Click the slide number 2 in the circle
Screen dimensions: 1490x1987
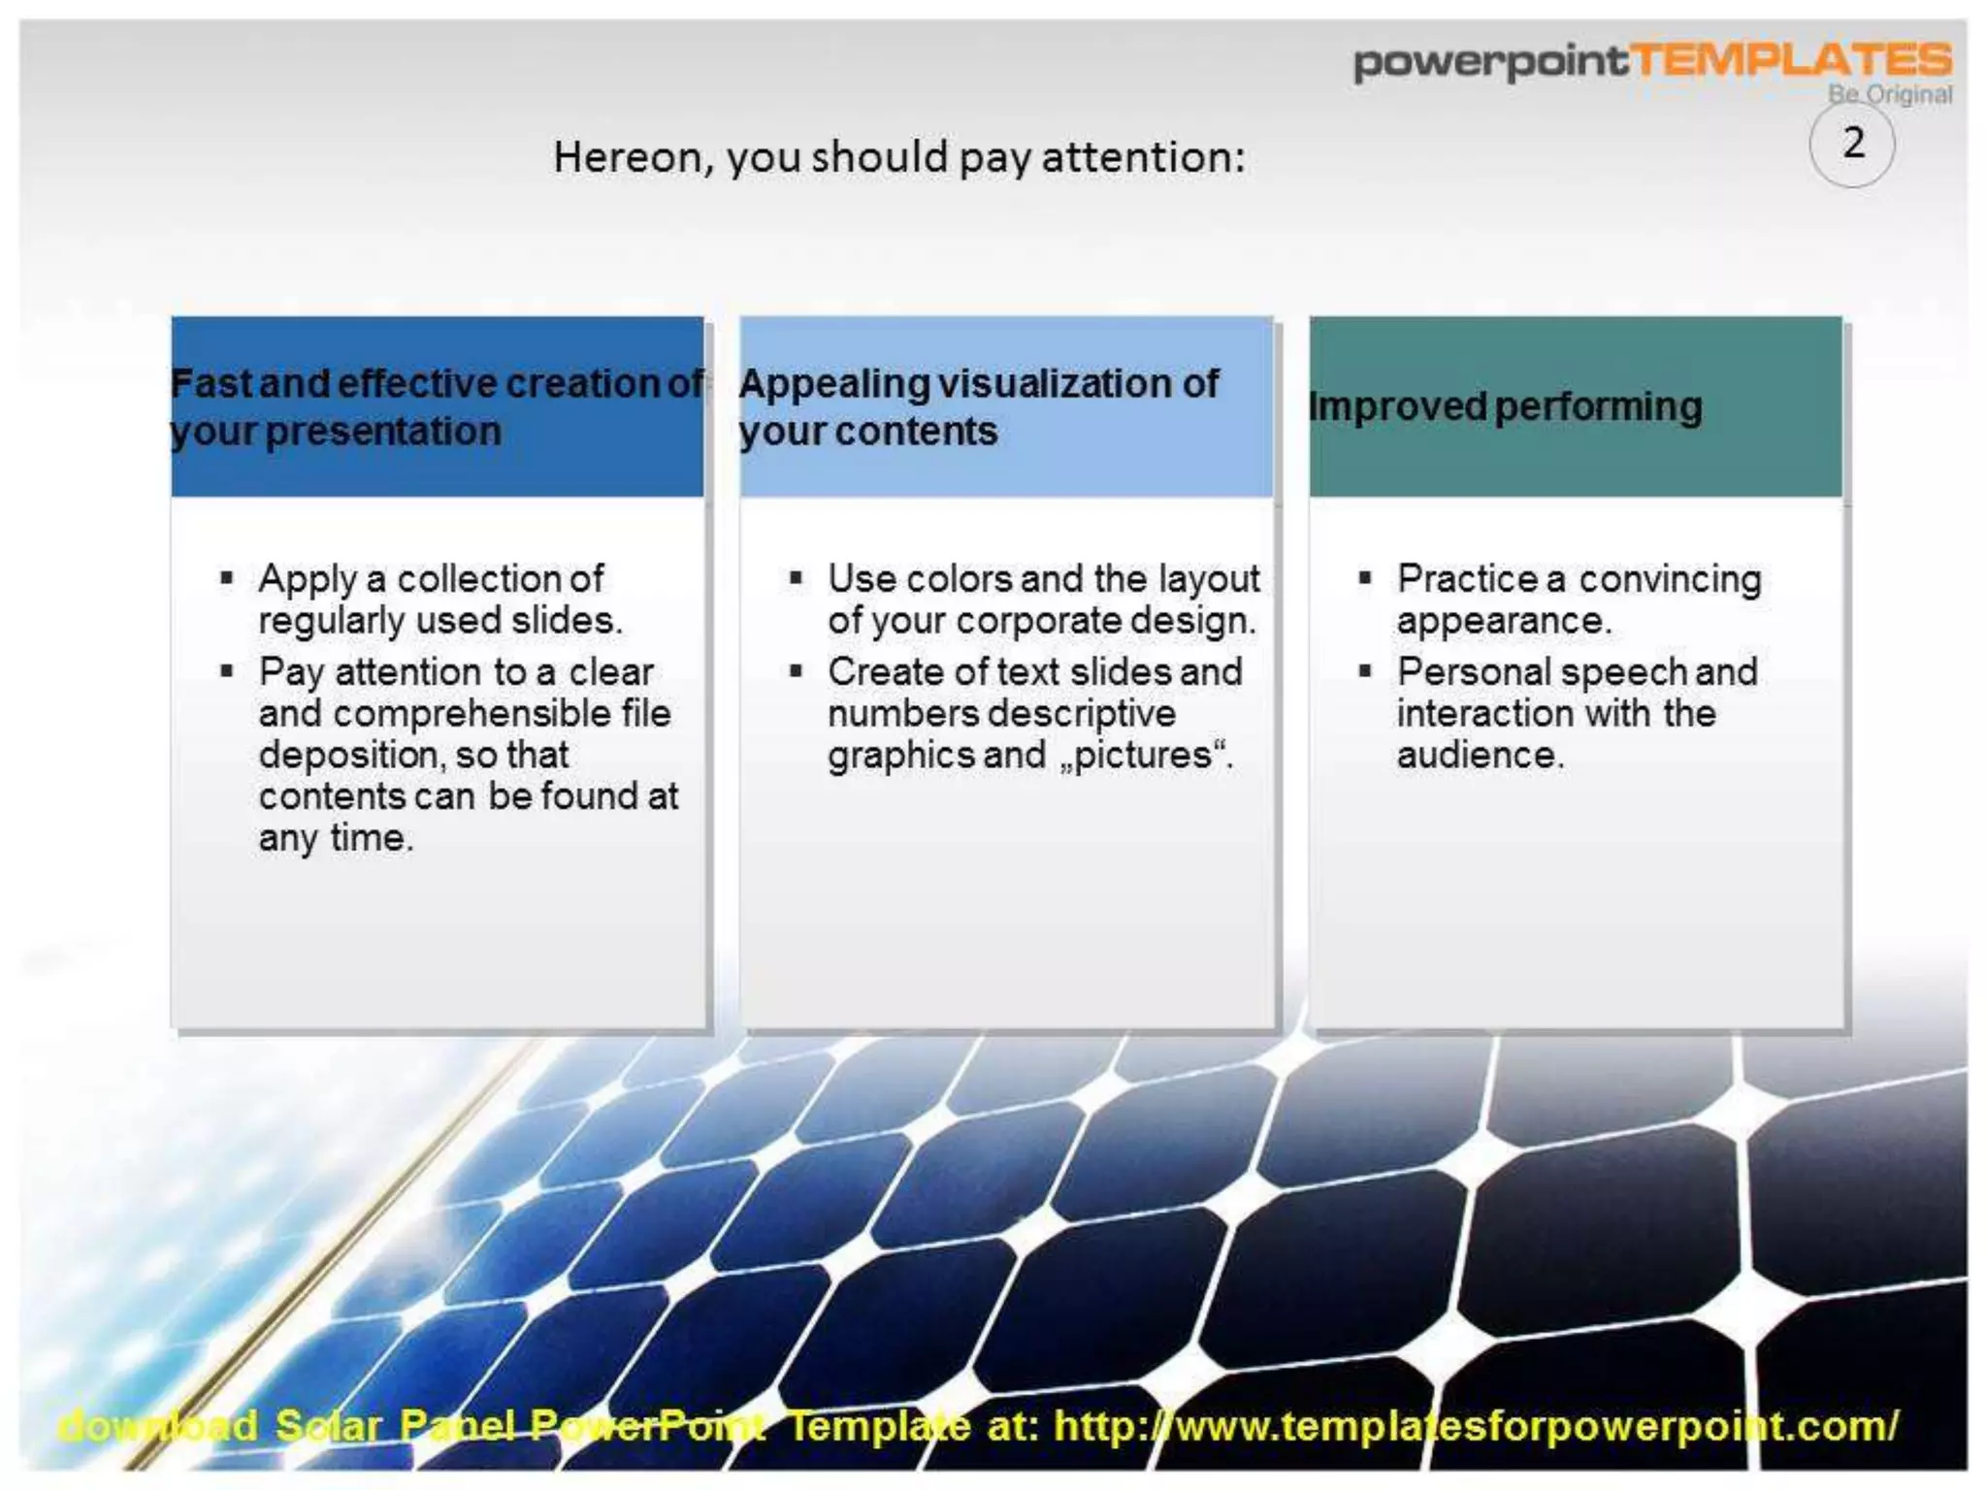coord(1853,144)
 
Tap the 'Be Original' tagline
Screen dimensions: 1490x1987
coord(1889,95)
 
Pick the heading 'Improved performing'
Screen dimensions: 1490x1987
coord(1506,406)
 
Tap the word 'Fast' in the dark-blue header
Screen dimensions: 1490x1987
coord(211,384)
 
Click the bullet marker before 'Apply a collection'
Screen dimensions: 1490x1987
coord(227,579)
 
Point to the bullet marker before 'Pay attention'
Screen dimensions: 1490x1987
coord(227,670)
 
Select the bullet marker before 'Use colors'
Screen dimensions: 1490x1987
coord(796,579)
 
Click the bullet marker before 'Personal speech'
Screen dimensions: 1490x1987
coord(1365,670)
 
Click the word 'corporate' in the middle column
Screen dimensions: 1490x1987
coord(1038,621)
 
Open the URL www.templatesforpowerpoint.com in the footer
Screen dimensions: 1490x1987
coord(1475,1426)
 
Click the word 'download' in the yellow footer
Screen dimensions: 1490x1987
coord(157,1426)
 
